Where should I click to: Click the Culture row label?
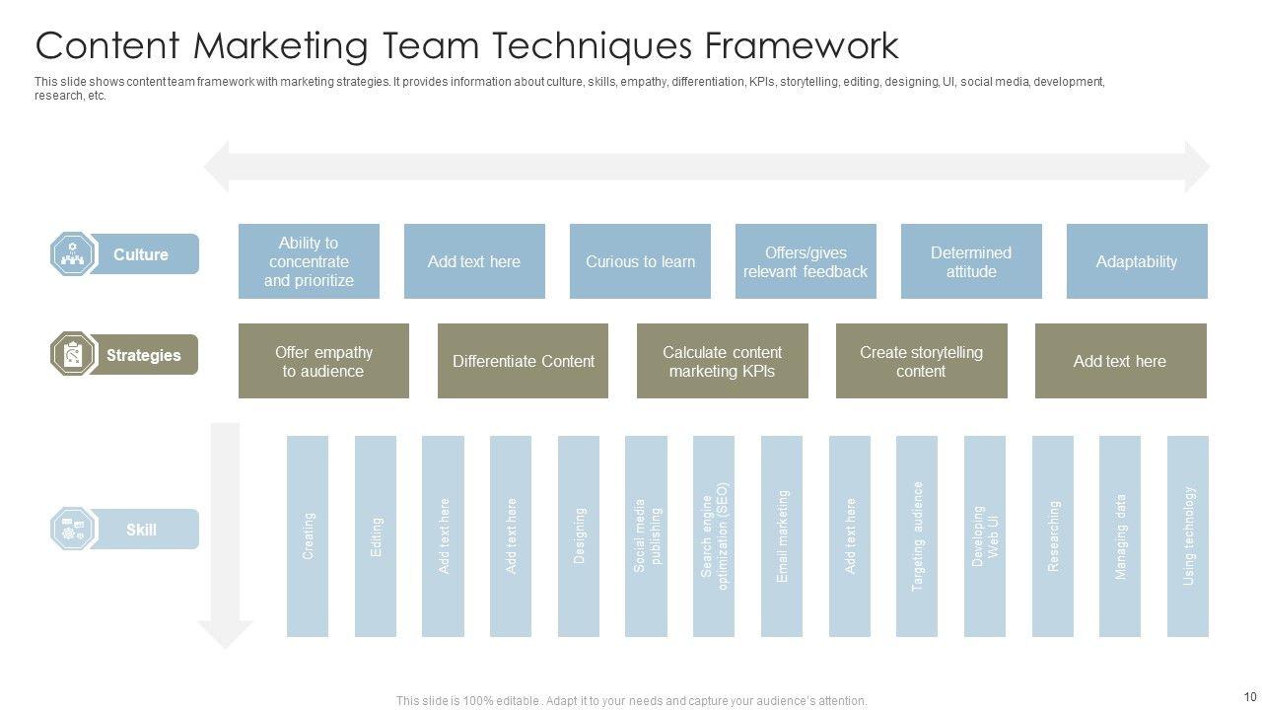[x=141, y=254]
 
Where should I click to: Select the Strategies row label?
[x=143, y=355]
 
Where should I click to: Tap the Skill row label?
[x=141, y=530]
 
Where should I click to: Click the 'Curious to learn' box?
[x=640, y=261]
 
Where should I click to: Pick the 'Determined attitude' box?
[x=971, y=261]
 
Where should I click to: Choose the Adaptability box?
[x=1137, y=261]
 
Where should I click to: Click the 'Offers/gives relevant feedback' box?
[x=806, y=261]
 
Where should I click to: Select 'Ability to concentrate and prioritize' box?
[x=309, y=261]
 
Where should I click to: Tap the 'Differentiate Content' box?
[x=523, y=361]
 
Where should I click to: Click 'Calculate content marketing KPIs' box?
[x=722, y=361]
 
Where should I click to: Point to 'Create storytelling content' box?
[x=921, y=361]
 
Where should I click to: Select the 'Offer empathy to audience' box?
[x=323, y=361]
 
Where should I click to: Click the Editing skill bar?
[x=376, y=536]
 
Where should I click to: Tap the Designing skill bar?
[x=579, y=536]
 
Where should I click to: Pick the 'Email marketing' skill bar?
[x=782, y=536]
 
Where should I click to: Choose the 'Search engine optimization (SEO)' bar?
[x=714, y=536]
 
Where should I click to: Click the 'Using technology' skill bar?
[x=1188, y=536]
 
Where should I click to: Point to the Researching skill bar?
[x=1053, y=536]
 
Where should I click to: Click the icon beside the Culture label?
[x=73, y=254]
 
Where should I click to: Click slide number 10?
[x=1250, y=697]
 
